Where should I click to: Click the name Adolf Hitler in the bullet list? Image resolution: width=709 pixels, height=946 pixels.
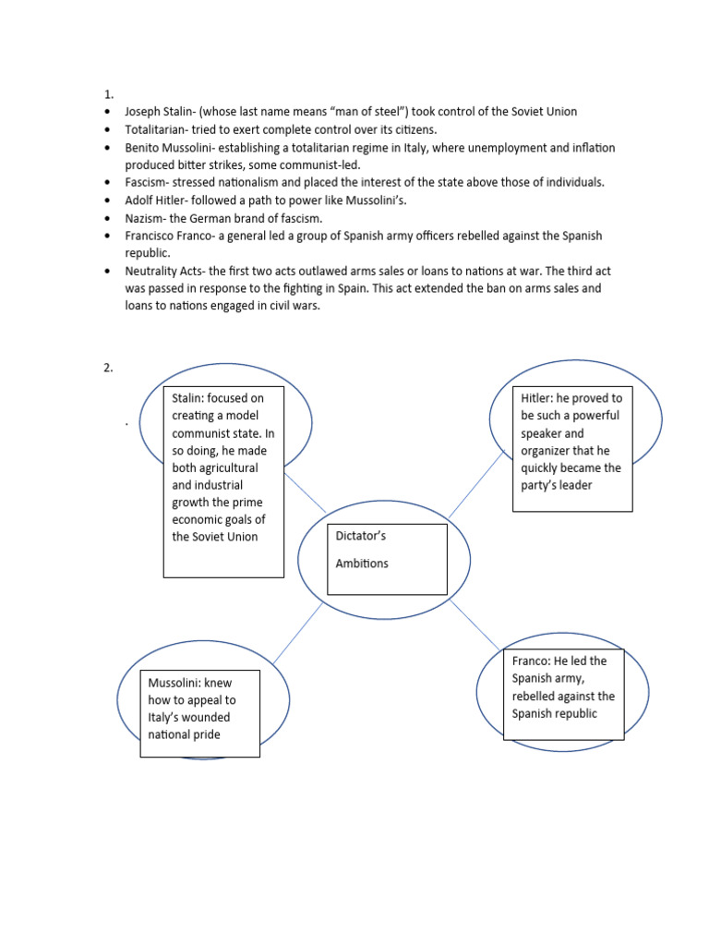(154, 200)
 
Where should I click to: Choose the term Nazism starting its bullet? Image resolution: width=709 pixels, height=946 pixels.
(146, 218)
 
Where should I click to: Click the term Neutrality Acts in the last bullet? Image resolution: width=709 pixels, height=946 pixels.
(162, 271)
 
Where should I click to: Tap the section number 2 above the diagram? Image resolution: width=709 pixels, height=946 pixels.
(107, 368)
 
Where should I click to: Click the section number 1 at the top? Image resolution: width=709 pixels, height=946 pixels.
(107, 94)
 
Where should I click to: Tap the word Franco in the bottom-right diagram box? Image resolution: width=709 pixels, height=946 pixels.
(532, 661)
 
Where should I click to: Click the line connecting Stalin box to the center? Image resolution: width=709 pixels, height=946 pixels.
(306, 492)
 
